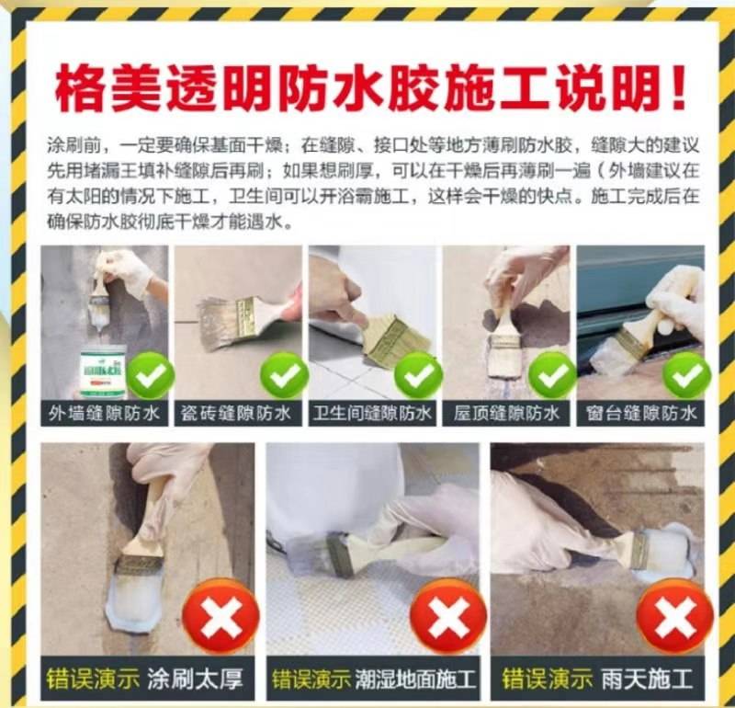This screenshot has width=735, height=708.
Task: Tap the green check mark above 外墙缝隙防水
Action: point(150,375)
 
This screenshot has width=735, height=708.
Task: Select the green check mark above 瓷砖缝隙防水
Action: point(284,375)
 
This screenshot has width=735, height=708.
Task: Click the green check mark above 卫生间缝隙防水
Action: point(418,375)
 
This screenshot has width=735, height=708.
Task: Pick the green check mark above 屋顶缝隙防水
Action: point(552,375)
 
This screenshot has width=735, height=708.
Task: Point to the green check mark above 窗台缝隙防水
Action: point(686,375)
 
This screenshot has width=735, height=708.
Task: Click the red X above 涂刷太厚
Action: point(220,616)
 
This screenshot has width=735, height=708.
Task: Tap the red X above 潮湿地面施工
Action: point(447,616)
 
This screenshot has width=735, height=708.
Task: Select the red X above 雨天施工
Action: point(675,616)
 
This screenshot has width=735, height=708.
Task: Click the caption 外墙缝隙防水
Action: point(104,414)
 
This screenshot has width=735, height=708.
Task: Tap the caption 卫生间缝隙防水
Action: point(372,414)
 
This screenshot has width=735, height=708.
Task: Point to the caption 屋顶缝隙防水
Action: point(506,414)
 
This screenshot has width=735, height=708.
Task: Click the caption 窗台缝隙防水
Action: point(640,414)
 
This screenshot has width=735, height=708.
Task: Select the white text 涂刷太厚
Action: point(195,679)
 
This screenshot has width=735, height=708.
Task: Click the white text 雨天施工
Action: point(647,679)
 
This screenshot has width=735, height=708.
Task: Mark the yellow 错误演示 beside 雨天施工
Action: point(547,679)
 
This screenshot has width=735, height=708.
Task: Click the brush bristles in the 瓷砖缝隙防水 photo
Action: point(220,323)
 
